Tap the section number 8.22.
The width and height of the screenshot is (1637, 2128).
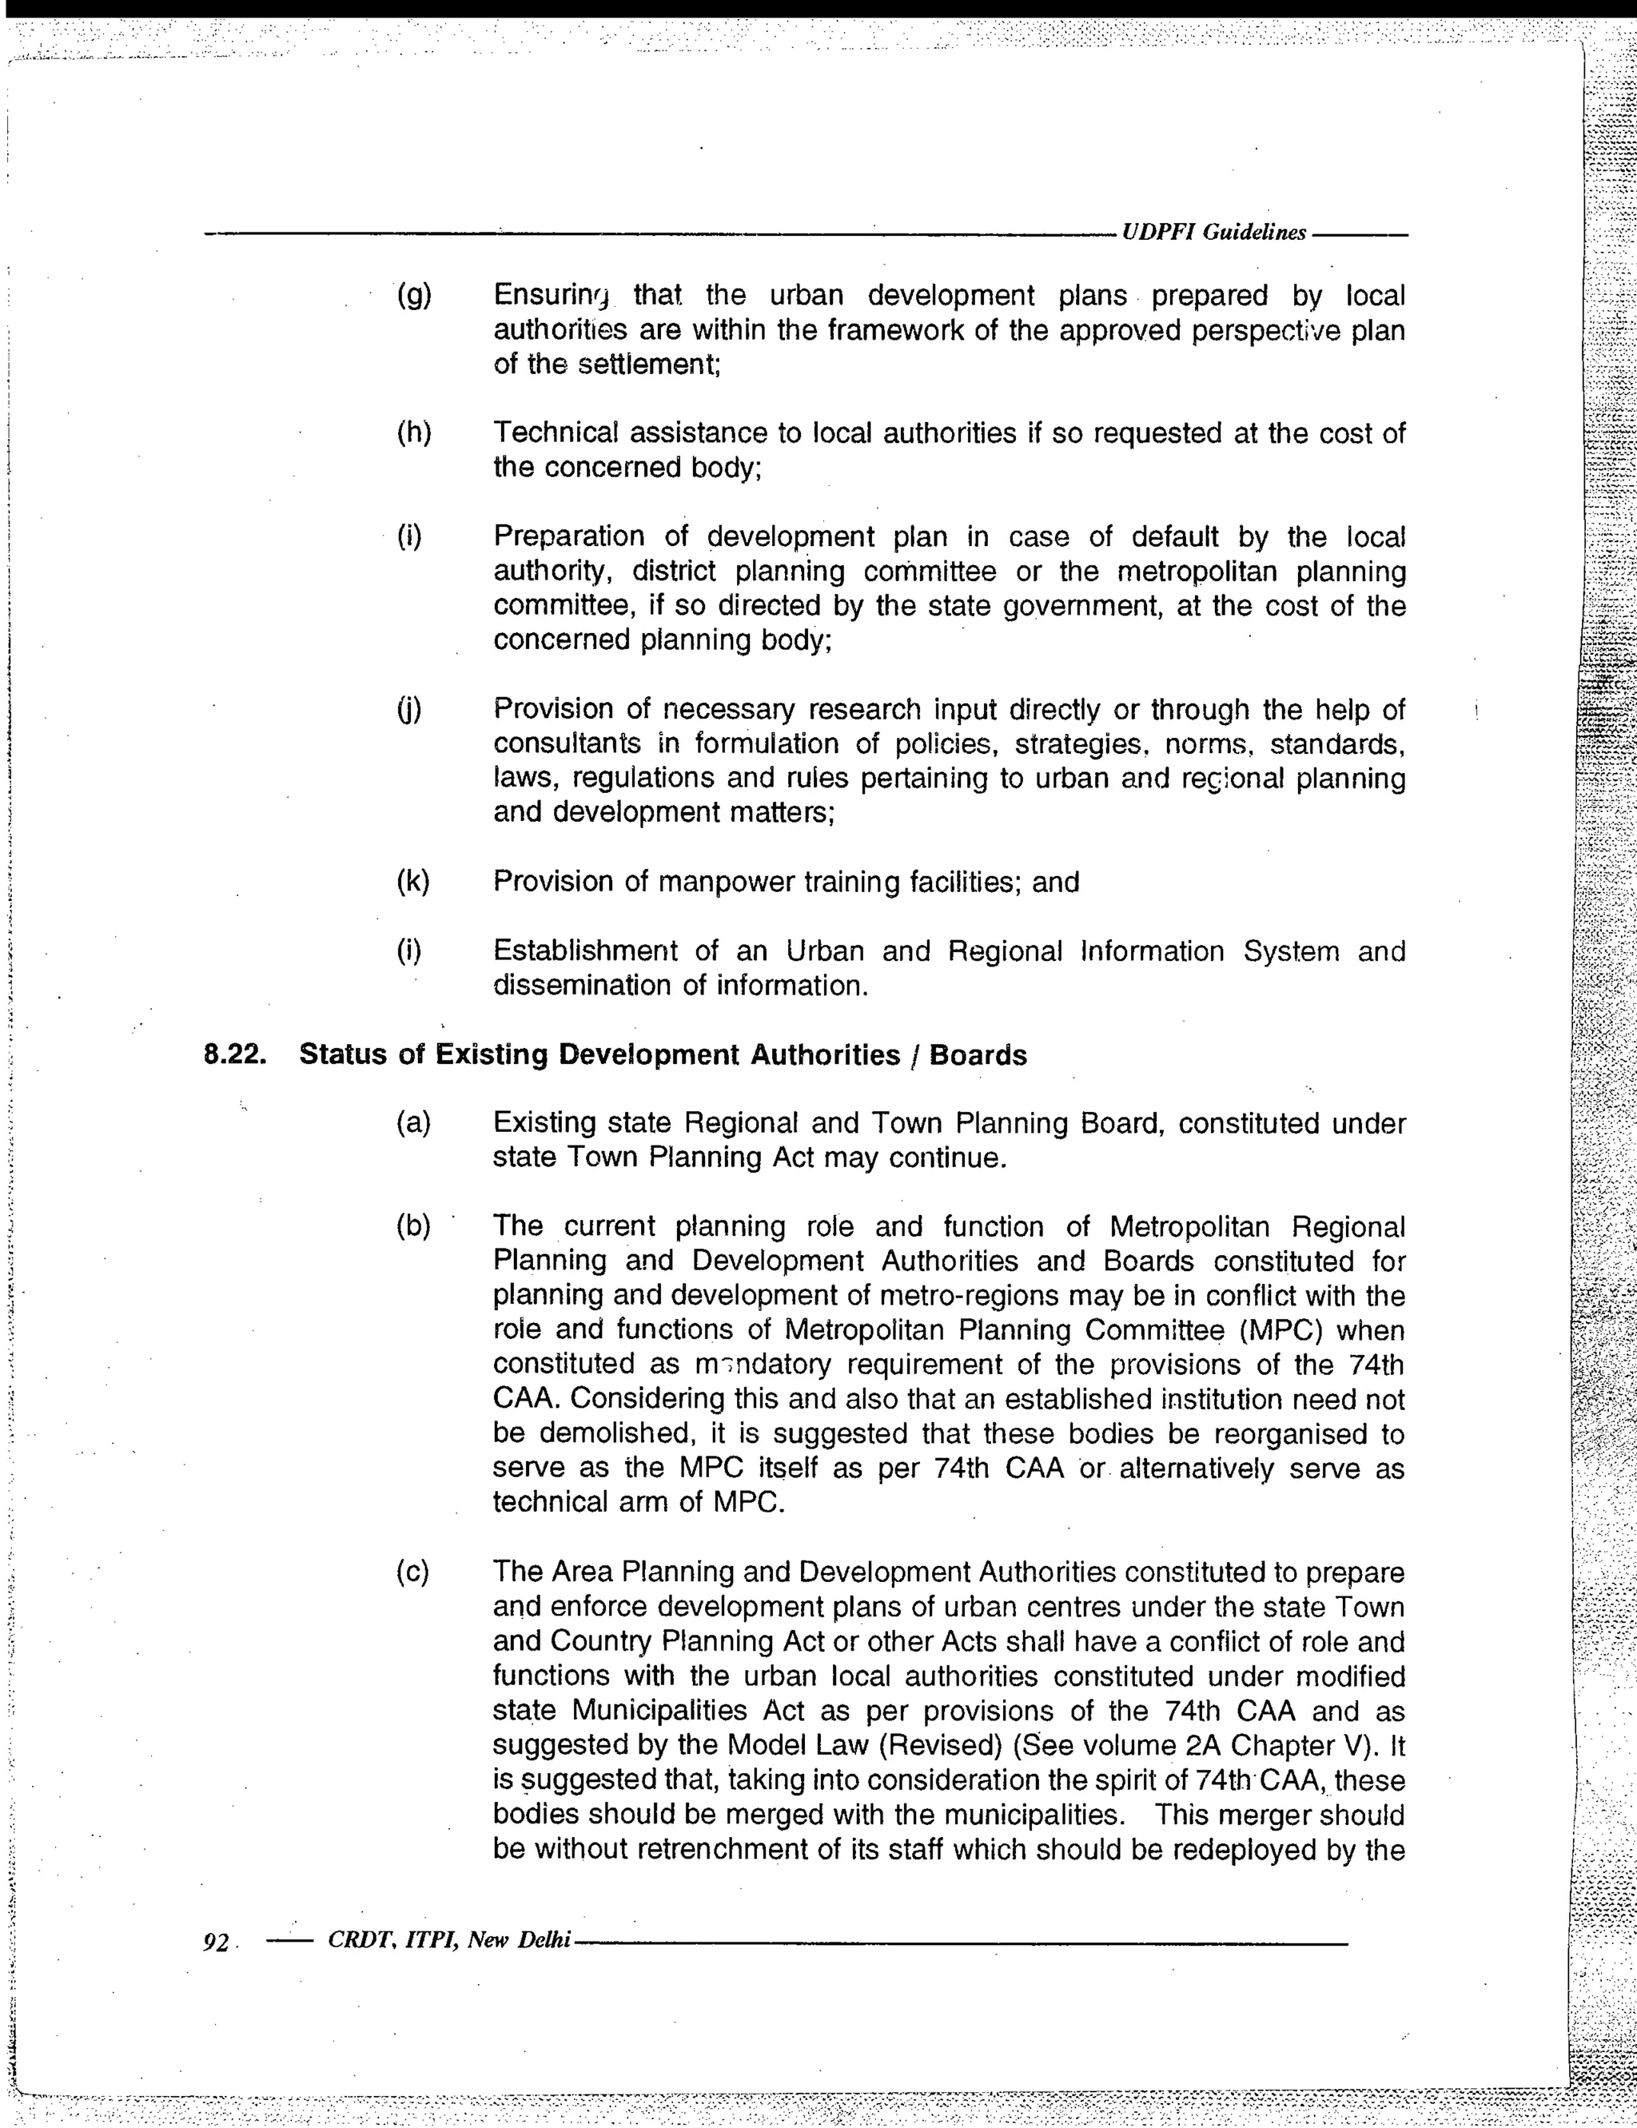click(235, 1055)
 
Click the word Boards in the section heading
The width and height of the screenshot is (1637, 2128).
click(978, 1055)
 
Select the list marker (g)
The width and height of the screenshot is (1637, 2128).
click(414, 295)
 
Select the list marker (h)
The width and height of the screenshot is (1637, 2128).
click(414, 432)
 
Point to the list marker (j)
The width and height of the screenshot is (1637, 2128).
click(410, 709)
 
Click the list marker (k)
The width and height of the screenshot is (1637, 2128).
click(413, 881)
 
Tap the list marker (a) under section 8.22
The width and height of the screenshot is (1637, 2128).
click(413, 1122)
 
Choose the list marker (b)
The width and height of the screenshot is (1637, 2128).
click(413, 1225)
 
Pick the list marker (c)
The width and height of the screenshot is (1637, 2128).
click(413, 1572)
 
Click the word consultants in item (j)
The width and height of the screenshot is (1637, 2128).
click(567, 744)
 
